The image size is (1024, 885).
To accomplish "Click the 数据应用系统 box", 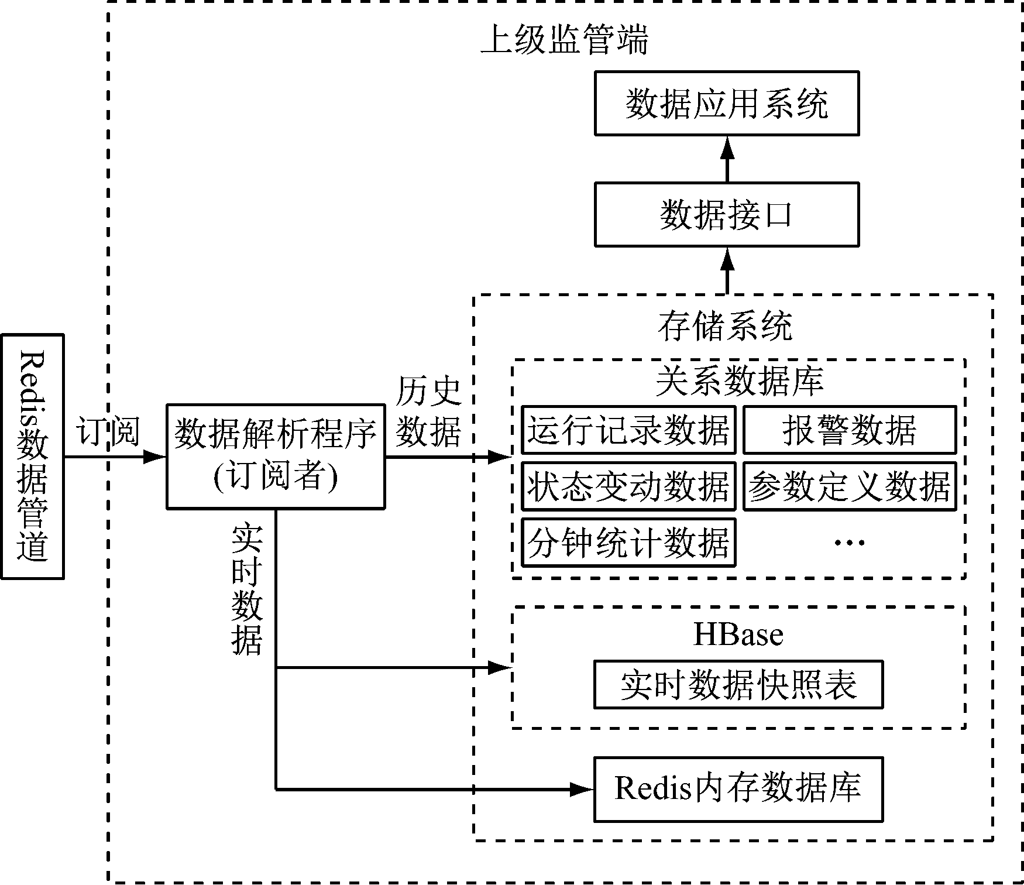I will coord(726,104).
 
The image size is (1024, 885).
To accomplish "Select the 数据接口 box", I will coord(726,214).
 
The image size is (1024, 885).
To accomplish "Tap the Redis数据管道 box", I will coord(32,457).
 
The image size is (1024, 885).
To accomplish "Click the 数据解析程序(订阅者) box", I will coord(276,456).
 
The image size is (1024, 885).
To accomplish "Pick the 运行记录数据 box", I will coord(628,430).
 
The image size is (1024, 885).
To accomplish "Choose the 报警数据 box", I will coord(850,430).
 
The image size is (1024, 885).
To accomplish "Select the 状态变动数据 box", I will coord(628,486).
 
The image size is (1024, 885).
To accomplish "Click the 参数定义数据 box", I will coord(850,486).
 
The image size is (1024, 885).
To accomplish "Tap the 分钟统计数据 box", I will coord(628,543).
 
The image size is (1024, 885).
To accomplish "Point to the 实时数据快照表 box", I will coord(738,685).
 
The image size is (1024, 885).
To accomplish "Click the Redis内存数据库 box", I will coord(738,789).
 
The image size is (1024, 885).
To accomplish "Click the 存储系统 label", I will coord(726,326).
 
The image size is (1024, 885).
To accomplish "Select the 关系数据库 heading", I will coord(739,380).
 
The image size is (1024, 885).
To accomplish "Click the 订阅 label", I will coord(108,432).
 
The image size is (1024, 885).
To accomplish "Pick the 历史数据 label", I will coord(428,411).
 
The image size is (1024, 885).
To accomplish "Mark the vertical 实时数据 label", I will coord(246,590).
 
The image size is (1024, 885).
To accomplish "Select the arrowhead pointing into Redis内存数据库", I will coord(583,790).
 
